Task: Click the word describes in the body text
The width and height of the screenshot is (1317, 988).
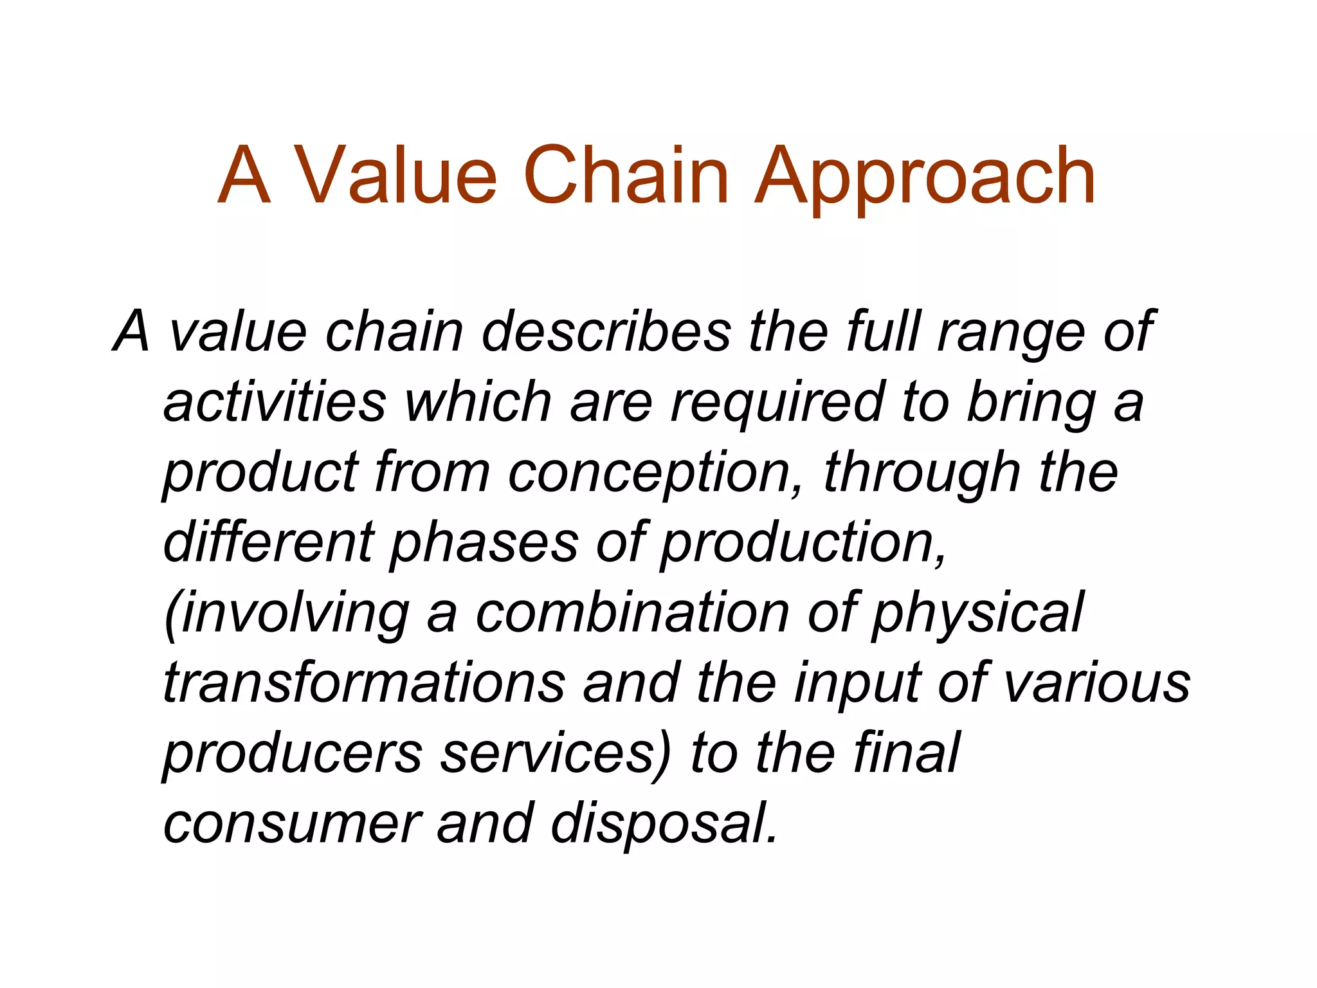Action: coord(606,332)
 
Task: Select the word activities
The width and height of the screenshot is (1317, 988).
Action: coord(275,402)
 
